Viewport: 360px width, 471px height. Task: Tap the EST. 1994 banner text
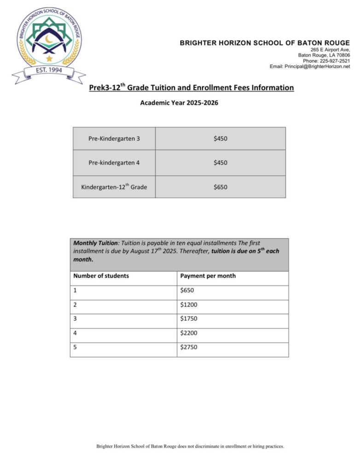click(x=49, y=70)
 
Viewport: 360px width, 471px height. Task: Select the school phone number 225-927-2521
click(x=333, y=61)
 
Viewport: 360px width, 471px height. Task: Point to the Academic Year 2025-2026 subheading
click(x=179, y=103)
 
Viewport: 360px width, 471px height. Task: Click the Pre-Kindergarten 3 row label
click(x=114, y=138)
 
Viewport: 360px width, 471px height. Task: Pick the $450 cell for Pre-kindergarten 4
click(x=220, y=163)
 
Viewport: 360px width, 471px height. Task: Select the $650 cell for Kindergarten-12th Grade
click(x=220, y=187)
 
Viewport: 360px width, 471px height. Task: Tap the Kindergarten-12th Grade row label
click(x=114, y=187)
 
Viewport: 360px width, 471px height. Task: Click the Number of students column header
click(x=101, y=276)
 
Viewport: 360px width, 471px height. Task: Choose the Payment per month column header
click(x=208, y=276)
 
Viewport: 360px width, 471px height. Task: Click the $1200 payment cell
click(x=189, y=304)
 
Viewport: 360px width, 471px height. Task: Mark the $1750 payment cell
click(x=189, y=319)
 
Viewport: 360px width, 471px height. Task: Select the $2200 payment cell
click(x=189, y=333)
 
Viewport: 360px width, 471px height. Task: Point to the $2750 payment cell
click(x=189, y=347)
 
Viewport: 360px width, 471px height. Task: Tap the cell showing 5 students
click(x=75, y=347)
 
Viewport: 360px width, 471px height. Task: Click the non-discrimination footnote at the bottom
click(x=190, y=446)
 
